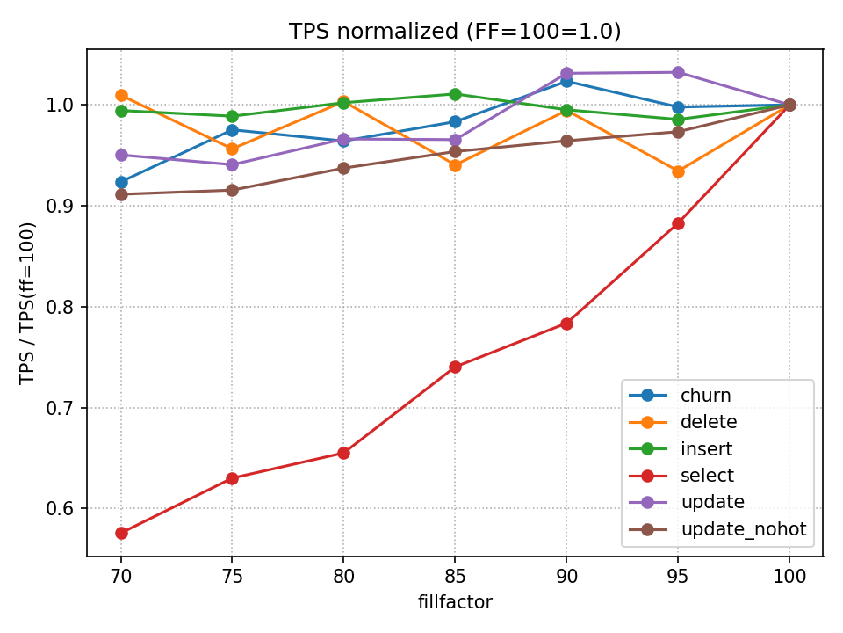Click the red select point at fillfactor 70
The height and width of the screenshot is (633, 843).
[x=121, y=533]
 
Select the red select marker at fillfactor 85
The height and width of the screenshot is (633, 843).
[x=455, y=367]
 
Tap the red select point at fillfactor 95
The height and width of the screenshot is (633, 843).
[x=678, y=223]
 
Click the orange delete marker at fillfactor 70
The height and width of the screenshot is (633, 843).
[x=121, y=95]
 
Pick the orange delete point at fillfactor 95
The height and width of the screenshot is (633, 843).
[x=678, y=171]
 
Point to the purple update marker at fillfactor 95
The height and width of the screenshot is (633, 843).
[x=678, y=72]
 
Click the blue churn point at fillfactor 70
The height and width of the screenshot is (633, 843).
[x=121, y=182]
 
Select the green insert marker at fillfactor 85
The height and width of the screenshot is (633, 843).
[x=455, y=94]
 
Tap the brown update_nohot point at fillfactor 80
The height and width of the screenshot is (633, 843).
[x=343, y=168]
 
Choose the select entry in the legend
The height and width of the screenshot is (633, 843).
[x=707, y=476]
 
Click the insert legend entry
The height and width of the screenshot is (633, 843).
[x=706, y=449]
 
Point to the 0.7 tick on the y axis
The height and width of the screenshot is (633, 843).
[x=68, y=408]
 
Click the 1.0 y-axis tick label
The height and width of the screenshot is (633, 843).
[x=68, y=105]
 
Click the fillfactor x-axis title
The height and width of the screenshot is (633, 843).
[x=455, y=602]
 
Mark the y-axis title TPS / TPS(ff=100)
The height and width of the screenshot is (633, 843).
[x=28, y=302]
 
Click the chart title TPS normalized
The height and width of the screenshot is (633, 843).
[x=455, y=32]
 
